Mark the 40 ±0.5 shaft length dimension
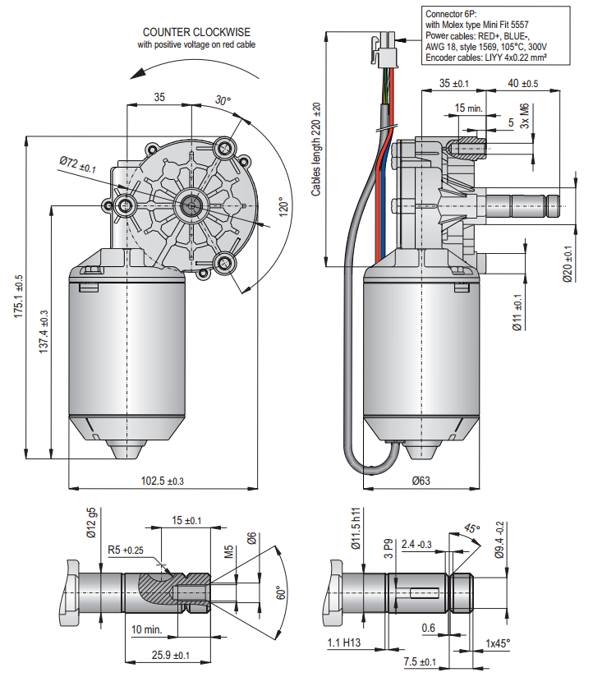[x=523, y=84]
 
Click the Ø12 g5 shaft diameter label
[x=92, y=523]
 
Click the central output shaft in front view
[x=191, y=204]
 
